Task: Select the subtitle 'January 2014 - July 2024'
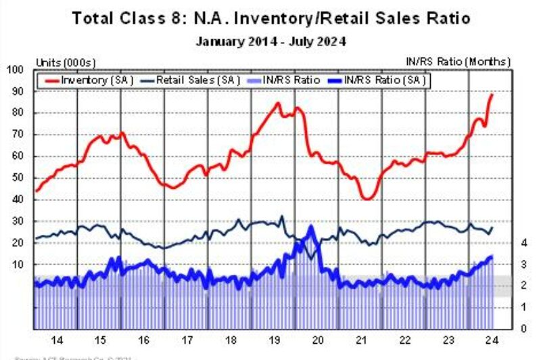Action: point(270,41)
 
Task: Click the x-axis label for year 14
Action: point(55,340)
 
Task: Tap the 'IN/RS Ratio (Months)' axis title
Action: point(458,62)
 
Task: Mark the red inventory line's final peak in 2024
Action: point(492,94)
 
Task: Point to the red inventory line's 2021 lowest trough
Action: point(367,199)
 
